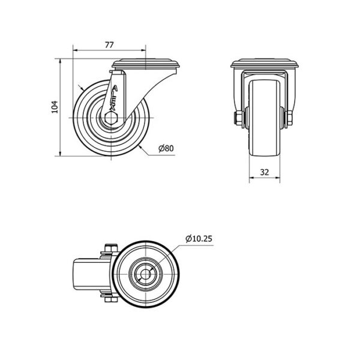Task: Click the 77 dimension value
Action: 109,45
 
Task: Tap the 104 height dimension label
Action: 55,107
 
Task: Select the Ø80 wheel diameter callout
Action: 166,148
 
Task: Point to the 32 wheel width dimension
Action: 264,172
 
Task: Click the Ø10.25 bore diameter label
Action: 199,239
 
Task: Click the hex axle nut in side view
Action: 111,118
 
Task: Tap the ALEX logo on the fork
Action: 113,97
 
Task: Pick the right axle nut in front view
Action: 289,118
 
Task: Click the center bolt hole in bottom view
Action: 146,274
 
